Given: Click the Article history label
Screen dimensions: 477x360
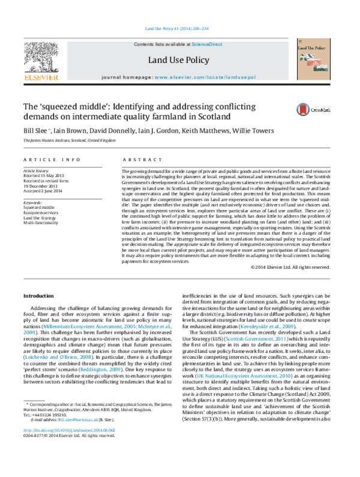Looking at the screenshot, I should (x=37, y=171).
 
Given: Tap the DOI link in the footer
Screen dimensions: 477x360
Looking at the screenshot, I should (x=70, y=447).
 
